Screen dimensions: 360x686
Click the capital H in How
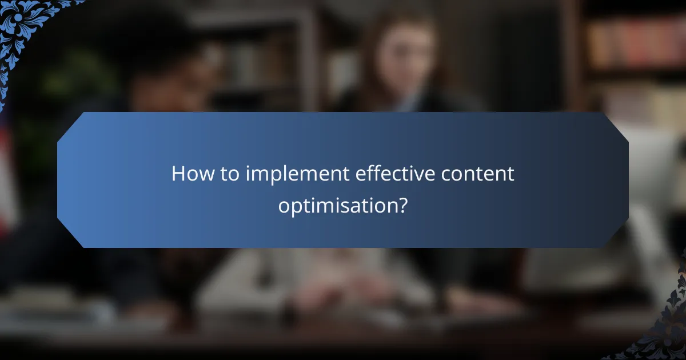pyautogui.click(x=178, y=174)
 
